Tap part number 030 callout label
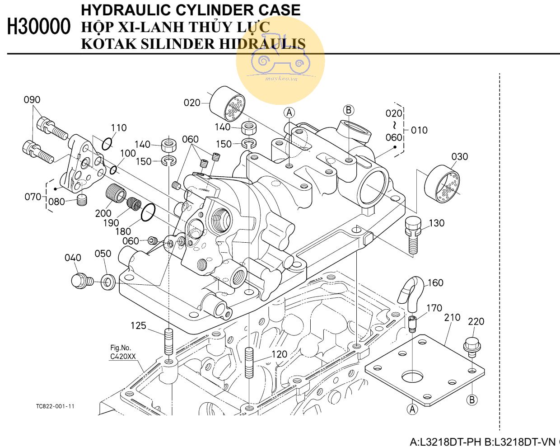[460, 157]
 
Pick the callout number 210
[452, 318]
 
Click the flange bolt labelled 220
[471, 347]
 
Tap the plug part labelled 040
[81, 281]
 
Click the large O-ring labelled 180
[148, 212]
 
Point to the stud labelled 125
[168, 342]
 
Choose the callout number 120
[279, 354]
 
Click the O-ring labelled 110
[107, 144]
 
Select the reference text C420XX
[123, 357]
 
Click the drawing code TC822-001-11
[55, 406]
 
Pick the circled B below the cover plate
[472, 400]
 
